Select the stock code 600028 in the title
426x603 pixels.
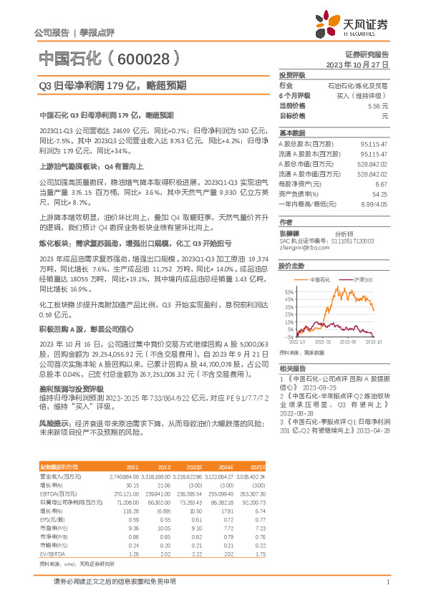145,57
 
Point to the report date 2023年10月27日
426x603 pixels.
357,64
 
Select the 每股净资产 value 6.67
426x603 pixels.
382,183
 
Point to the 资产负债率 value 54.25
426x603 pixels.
380,193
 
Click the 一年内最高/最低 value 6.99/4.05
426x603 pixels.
376,203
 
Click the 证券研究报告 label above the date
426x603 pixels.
367,54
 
